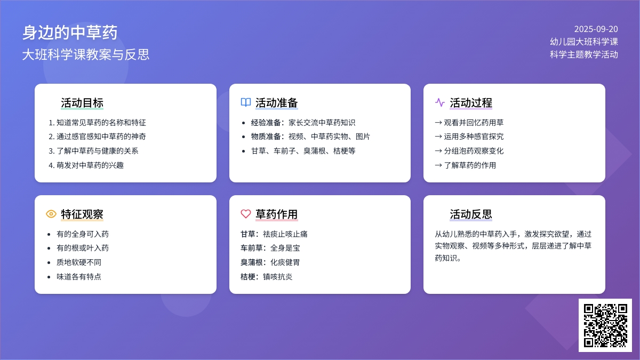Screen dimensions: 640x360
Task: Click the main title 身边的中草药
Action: point(70,33)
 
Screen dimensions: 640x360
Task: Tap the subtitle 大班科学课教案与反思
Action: point(86,54)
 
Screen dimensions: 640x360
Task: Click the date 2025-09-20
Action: point(596,29)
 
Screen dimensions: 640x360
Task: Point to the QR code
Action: point(605,325)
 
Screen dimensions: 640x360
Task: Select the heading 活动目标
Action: point(82,103)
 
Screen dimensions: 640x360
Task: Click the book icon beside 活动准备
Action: point(246,102)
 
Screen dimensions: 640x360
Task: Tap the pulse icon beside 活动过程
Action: point(440,102)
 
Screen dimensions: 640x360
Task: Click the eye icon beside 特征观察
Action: point(51,214)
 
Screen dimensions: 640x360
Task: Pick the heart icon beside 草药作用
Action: point(246,214)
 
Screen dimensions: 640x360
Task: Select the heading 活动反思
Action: point(471,214)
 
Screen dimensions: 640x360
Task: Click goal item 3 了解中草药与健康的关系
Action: point(93,151)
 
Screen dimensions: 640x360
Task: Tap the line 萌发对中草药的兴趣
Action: point(86,165)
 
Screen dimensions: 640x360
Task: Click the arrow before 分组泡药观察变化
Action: point(438,151)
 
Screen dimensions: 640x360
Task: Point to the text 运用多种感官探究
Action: point(474,137)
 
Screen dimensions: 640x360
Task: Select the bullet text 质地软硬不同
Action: point(79,262)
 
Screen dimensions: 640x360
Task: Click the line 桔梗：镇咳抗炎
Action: point(266,277)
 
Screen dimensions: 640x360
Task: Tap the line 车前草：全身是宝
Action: point(270,248)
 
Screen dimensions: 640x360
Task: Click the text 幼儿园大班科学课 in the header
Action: point(584,42)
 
